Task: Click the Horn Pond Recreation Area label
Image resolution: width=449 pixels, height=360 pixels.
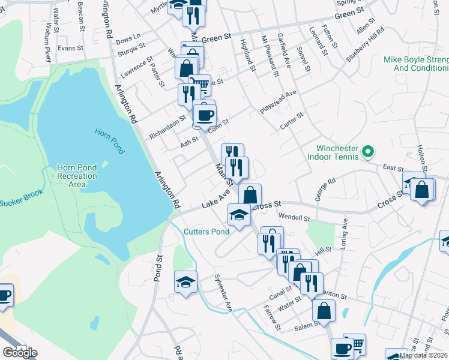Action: coord(77,176)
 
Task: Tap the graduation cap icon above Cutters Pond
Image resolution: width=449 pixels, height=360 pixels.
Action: coord(239,215)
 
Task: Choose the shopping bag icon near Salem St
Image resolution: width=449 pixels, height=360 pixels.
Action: coord(324,311)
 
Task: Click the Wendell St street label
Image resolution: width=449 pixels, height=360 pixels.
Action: coord(294,217)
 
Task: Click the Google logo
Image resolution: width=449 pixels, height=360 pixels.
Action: coord(19,352)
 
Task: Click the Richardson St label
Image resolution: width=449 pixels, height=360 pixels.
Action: coord(167,127)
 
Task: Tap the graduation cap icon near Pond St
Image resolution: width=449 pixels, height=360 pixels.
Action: coord(185,282)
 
